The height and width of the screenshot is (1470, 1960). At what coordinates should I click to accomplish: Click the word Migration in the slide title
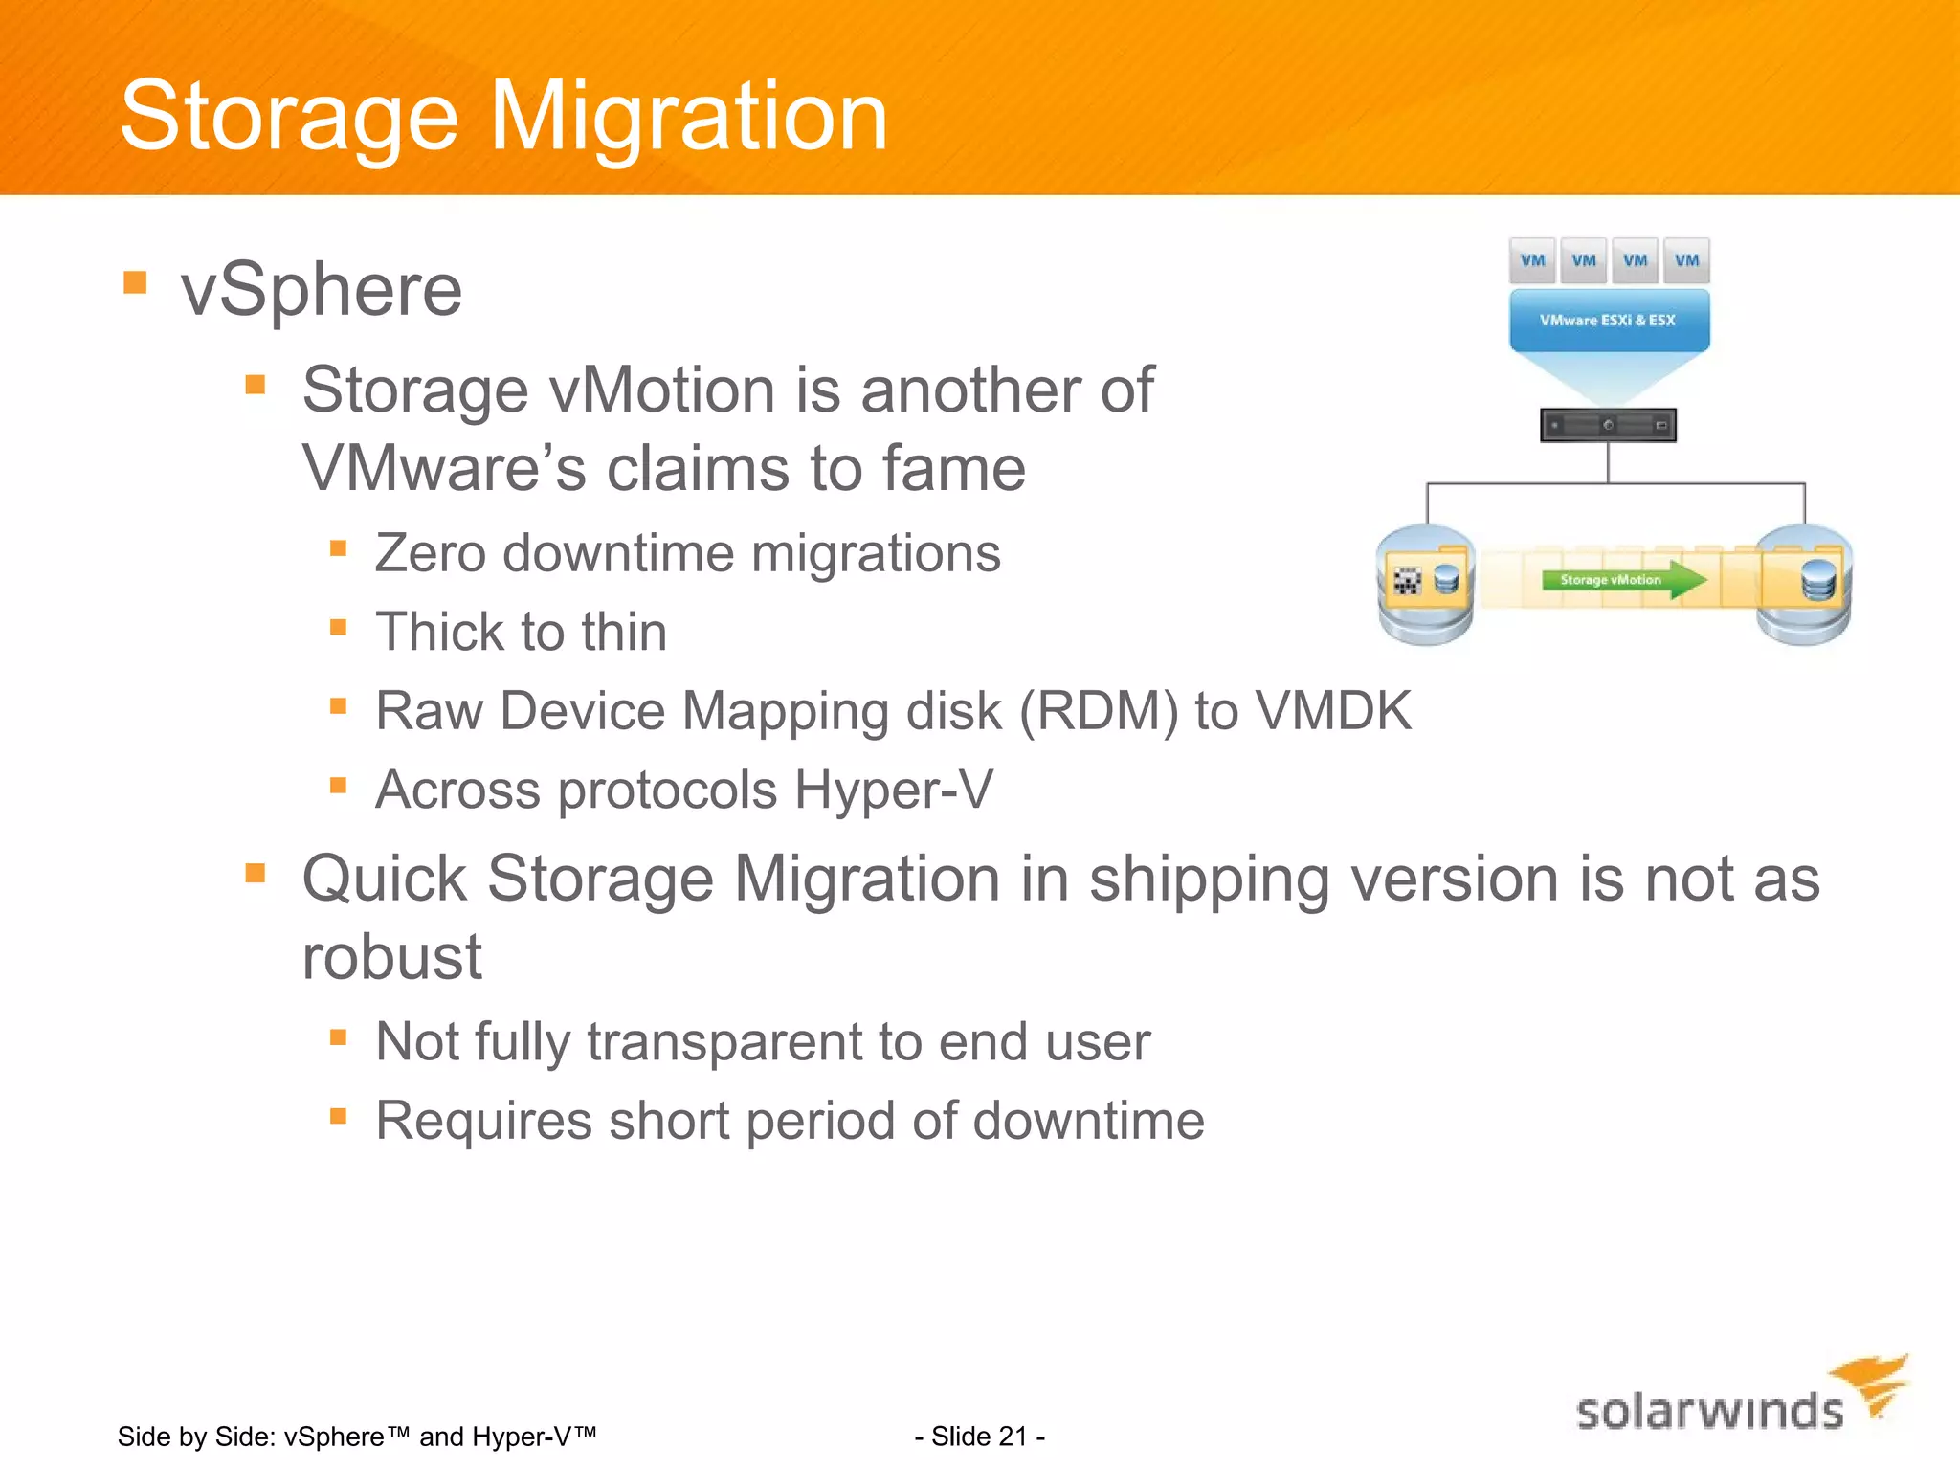coord(689,117)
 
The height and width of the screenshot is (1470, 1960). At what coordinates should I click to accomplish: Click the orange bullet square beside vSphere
coord(135,282)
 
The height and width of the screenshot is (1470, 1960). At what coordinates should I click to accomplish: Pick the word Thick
coord(440,632)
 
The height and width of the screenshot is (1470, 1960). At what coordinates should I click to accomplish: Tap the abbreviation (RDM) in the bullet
coord(1099,712)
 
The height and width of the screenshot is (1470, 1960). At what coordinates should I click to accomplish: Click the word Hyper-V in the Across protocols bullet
coord(894,791)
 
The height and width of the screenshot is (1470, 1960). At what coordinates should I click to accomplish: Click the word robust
coord(391,957)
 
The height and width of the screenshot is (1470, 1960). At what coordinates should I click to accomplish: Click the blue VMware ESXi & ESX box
coord(1608,320)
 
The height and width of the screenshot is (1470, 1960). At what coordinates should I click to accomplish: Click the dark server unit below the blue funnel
coord(1608,425)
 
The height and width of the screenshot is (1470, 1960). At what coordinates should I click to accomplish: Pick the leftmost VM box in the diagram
coord(1532,260)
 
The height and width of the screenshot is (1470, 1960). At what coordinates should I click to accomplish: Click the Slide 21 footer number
coord(979,1436)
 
